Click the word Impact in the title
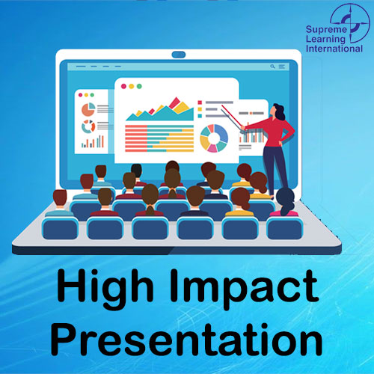tap(245, 289)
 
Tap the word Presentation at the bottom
tap(186, 339)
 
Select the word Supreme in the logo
tap(326, 30)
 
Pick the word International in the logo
tap(334, 49)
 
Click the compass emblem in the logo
tap(350, 23)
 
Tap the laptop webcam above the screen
tap(179, 55)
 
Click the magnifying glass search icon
tap(272, 67)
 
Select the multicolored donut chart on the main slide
tap(214, 138)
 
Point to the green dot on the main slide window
tap(139, 86)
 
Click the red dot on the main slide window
tap(123, 86)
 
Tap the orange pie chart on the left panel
tap(88, 109)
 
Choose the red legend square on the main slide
tap(200, 102)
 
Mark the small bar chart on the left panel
tap(93, 141)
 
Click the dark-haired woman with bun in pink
tap(285, 203)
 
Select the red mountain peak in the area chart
tap(175, 102)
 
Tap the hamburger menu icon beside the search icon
tap(282, 67)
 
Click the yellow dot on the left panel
tap(86, 95)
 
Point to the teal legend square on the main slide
tap(200, 116)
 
